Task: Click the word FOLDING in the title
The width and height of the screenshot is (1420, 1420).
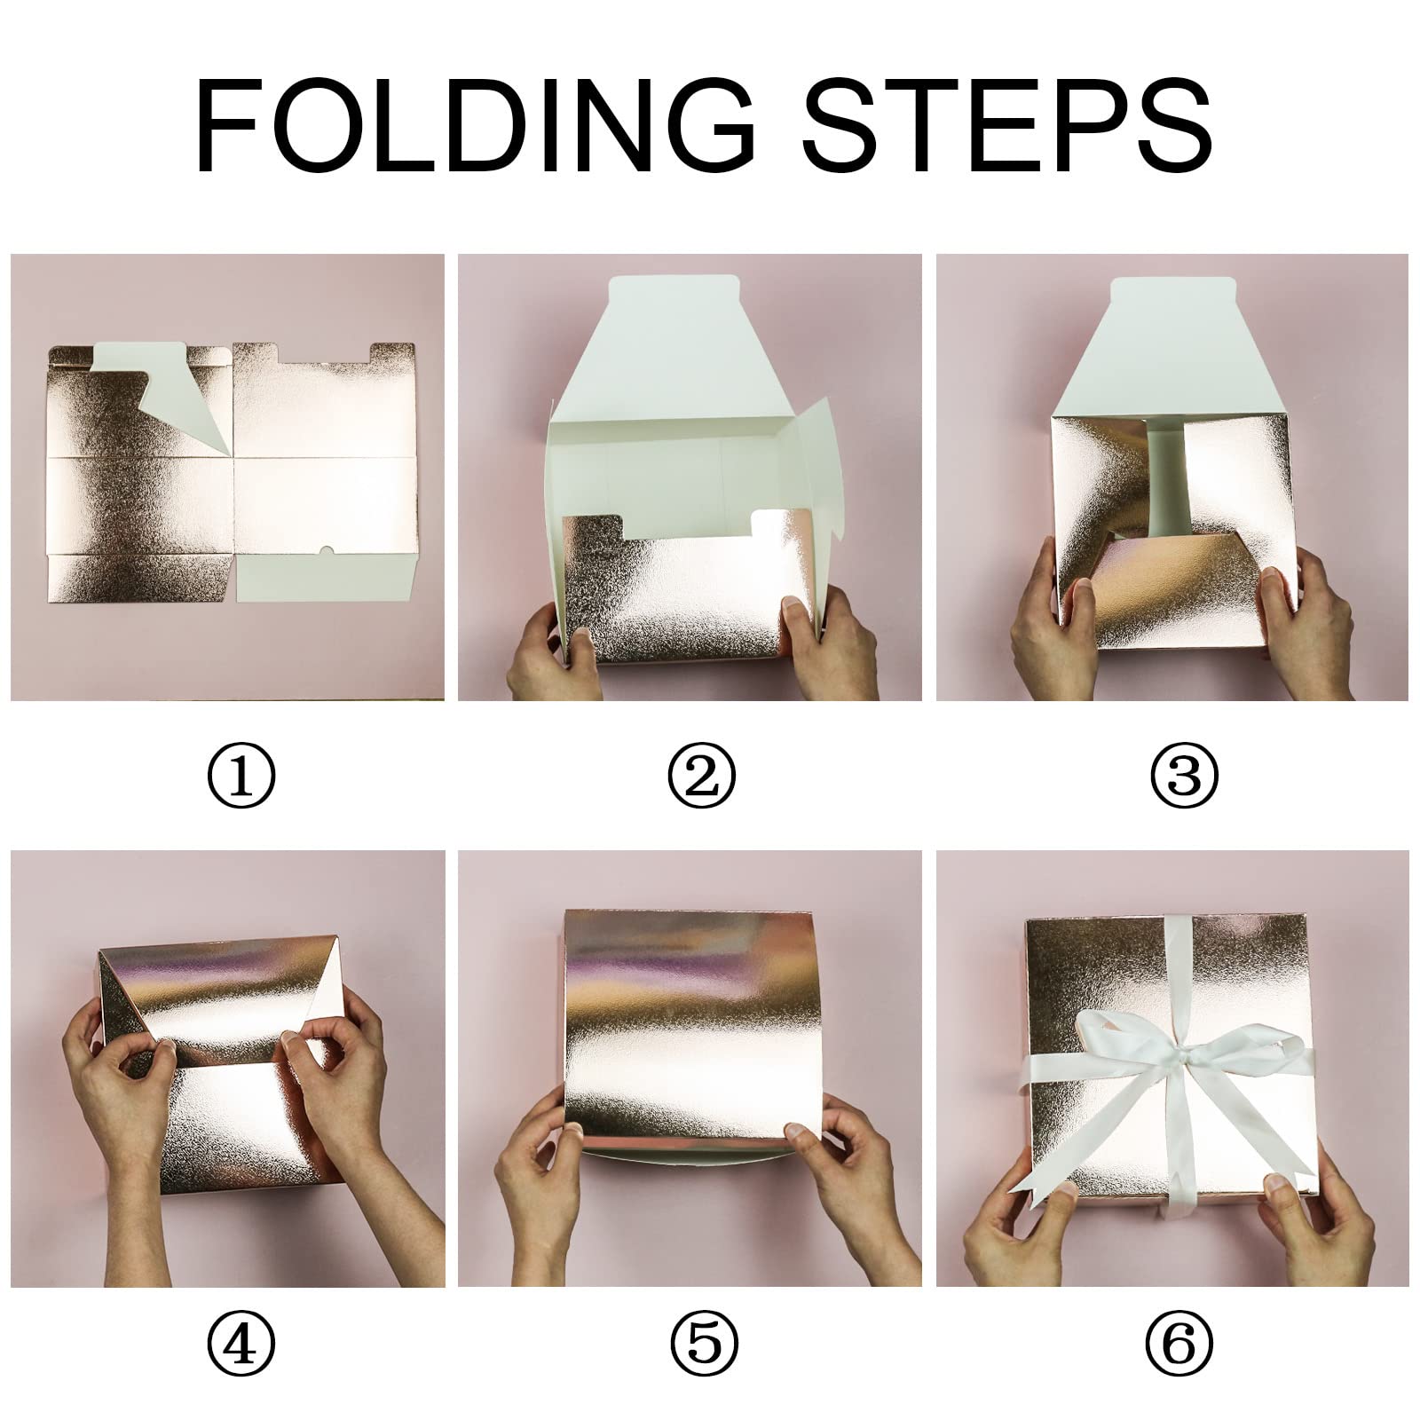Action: coord(477,128)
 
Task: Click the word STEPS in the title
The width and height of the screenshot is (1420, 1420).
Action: coord(1007,128)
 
